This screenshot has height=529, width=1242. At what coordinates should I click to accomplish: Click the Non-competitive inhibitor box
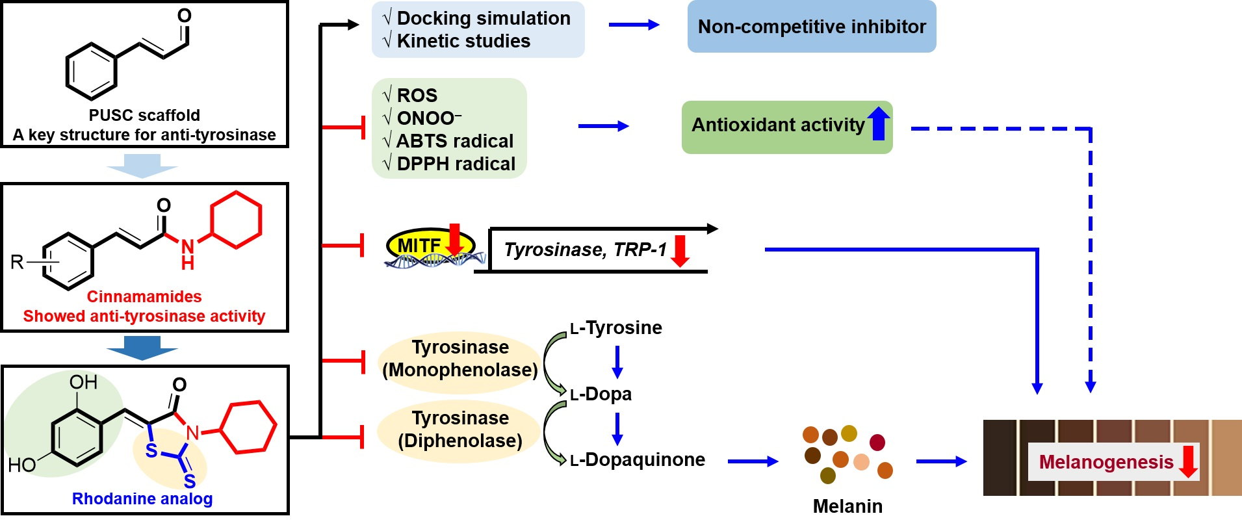coord(811,27)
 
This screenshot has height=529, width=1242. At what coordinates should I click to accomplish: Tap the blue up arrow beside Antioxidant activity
coord(879,123)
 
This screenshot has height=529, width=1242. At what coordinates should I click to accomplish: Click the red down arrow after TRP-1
coord(680,251)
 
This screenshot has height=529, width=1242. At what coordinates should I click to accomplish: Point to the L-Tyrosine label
coord(616,328)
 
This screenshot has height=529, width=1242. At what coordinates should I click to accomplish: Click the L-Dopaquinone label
coord(638,459)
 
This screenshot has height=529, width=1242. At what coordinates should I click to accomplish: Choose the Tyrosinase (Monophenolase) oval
coord(459,359)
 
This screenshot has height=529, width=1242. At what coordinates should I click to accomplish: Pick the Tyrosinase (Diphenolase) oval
coord(459,429)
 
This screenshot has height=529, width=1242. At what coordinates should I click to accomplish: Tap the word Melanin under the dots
coord(847,506)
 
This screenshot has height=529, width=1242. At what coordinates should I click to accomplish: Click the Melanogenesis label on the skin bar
coord(1106,462)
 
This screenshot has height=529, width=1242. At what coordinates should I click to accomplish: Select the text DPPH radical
coord(456,164)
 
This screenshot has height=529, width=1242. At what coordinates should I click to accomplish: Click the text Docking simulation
coord(484,18)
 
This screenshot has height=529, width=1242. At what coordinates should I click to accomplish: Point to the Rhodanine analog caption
coord(142,498)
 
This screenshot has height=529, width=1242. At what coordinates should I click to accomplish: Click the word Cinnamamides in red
coord(144,296)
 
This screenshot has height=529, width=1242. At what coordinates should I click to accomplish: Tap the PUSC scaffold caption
coord(144,115)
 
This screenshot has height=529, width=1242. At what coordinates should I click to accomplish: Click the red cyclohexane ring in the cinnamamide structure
coord(236,220)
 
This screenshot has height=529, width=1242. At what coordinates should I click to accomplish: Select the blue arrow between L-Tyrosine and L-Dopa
coord(617,361)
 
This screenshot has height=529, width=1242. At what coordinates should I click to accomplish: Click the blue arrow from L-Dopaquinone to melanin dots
coord(753,461)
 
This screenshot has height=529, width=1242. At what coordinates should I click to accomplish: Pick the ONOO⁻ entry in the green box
coord(428,118)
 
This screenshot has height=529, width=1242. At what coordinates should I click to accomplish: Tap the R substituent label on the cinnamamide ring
coord(17,262)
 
